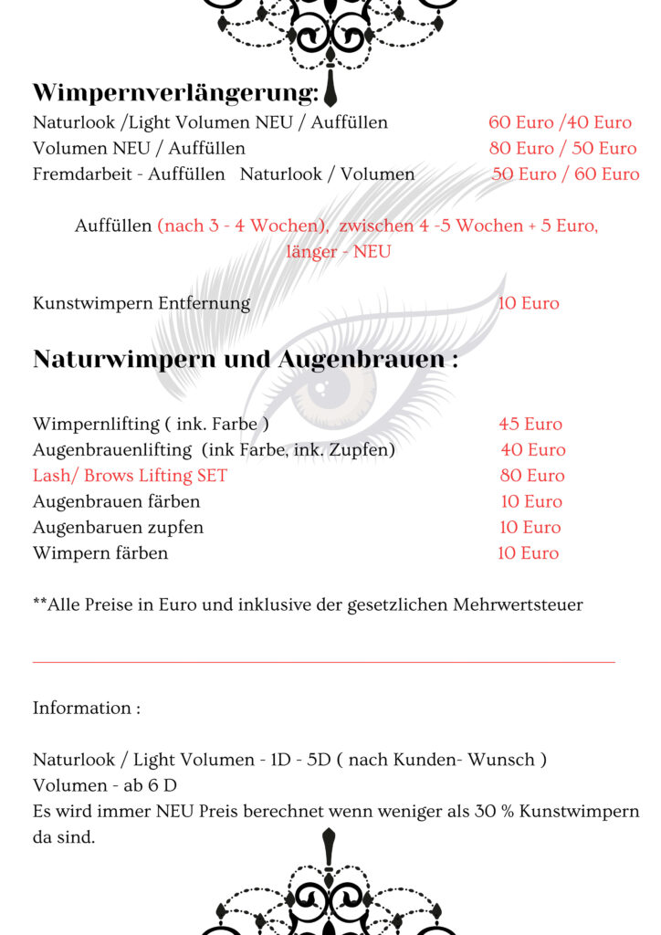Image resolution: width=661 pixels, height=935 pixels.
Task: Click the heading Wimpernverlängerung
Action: coord(175,93)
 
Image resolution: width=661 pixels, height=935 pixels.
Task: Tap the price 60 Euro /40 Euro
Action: coord(560,122)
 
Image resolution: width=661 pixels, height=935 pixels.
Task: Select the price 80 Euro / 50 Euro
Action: coord(562,148)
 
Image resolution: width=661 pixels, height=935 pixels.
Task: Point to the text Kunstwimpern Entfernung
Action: coord(142,303)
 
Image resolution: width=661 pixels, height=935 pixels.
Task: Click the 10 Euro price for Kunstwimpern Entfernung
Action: coord(529,303)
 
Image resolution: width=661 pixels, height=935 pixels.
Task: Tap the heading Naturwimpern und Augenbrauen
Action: coord(245,360)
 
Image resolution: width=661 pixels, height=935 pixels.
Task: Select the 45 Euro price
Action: coord(530,424)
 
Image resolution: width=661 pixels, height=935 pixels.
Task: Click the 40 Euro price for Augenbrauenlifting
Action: coord(533,449)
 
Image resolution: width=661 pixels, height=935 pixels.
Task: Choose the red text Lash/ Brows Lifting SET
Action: coord(130,476)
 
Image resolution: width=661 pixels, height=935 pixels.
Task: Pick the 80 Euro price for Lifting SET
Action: coord(532,476)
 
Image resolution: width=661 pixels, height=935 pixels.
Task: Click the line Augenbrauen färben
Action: coord(116,501)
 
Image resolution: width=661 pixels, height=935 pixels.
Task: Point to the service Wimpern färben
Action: coord(100,552)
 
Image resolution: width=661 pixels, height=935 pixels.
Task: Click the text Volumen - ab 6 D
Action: coord(105,785)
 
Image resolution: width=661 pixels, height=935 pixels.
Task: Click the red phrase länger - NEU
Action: coord(338,251)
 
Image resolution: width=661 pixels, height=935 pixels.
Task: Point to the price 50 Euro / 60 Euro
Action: coord(565,173)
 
